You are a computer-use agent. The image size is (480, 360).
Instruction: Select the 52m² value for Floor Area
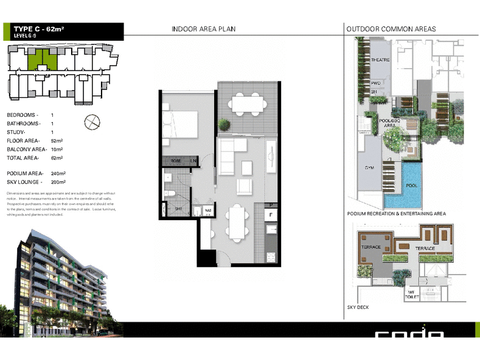tap(57, 140)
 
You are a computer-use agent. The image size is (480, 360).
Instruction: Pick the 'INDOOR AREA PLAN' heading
tap(203, 29)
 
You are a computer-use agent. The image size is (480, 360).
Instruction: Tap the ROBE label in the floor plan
tap(175, 161)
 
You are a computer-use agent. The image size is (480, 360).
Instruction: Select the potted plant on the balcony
tap(224, 125)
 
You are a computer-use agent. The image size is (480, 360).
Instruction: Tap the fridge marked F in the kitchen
tap(271, 215)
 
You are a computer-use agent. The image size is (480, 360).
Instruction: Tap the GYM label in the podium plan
tap(369, 167)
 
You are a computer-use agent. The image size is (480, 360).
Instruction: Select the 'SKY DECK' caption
tap(358, 308)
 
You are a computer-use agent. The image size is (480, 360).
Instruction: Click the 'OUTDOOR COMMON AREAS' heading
tap(391, 29)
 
